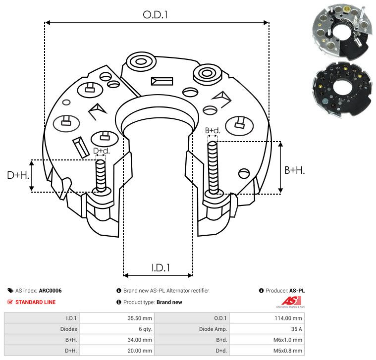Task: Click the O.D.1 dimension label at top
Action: tap(155, 15)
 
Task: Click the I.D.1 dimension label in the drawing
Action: tap(161, 268)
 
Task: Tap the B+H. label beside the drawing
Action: tap(294, 170)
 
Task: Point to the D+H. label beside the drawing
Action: tap(18, 175)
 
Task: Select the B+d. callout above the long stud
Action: tap(213, 131)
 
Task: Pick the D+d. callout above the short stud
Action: tap(102, 151)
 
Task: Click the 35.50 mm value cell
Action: tap(140, 318)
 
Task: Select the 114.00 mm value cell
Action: tap(288, 318)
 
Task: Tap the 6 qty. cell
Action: tap(145, 329)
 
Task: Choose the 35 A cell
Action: tap(296, 329)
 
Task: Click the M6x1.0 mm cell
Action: tap(287, 340)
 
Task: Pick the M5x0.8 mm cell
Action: tap(287, 351)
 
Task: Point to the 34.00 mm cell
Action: tap(140, 340)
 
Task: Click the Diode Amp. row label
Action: tap(213, 329)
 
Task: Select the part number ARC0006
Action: tap(50, 291)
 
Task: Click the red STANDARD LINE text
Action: tap(36, 302)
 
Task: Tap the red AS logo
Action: tap(291, 301)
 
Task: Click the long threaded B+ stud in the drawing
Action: tap(213, 167)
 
